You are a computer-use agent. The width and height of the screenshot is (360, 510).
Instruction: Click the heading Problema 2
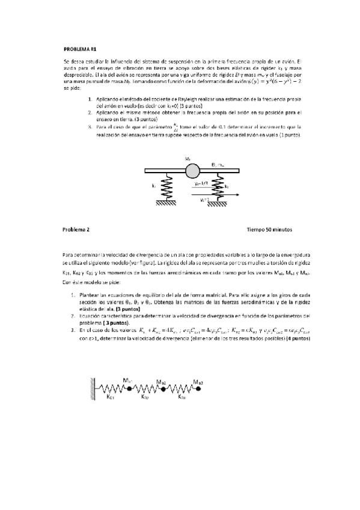point(76,229)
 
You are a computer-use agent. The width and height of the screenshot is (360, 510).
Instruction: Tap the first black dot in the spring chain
point(129,389)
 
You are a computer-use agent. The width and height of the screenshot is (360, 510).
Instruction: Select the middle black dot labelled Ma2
point(163,389)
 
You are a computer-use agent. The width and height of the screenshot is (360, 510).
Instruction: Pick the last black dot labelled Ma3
point(198,389)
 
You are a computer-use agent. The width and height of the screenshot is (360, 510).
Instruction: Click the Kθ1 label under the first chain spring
point(111,397)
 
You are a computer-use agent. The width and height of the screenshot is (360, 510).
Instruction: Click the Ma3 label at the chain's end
point(198,381)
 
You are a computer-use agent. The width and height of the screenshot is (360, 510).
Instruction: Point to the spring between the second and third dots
point(180,389)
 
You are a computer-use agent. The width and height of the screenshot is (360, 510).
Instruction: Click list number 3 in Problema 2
point(73,330)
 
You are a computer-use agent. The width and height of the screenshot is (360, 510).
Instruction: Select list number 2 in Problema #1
point(90,112)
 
